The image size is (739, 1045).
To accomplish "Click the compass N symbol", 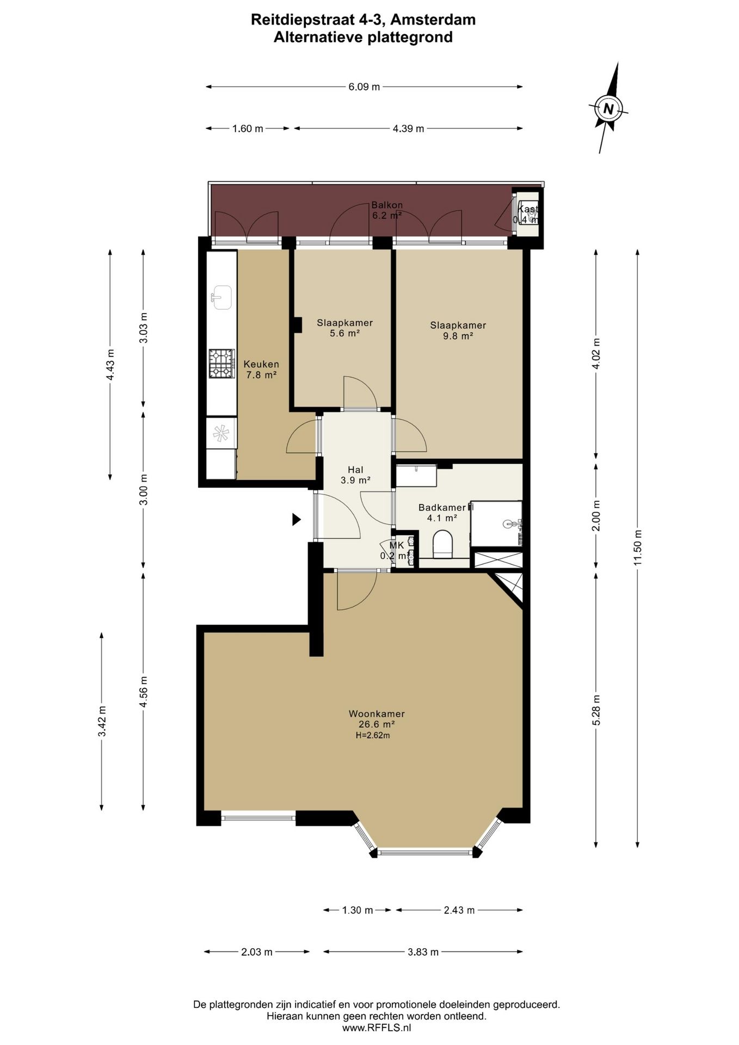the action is tap(608, 108).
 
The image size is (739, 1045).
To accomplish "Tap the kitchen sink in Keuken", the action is tap(221, 297).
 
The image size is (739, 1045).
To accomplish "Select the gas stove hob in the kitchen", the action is tap(221, 364).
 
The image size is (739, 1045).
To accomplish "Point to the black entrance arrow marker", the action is tap(296, 519).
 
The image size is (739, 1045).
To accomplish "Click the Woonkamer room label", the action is tap(377, 714).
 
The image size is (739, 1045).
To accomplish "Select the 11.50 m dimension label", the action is tap(638, 548).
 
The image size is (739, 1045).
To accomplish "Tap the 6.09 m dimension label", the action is tap(364, 87).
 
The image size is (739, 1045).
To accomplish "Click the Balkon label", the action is tap(387, 205).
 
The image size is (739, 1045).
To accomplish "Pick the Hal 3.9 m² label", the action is tap(355, 475).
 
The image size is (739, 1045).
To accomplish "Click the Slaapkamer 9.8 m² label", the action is tap(458, 330).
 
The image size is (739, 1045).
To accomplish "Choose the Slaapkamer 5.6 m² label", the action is tap(344, 328).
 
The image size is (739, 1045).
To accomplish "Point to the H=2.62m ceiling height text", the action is tap(373, 735).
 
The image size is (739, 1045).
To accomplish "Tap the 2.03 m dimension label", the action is tap(257, 952).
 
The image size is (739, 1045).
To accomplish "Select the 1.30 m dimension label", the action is tap(358, 910).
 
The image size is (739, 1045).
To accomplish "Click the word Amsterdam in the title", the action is tap(433, 20).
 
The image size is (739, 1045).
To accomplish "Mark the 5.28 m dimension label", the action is tap(596, 710).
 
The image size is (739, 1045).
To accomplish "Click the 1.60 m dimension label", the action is tap(248, 128).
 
